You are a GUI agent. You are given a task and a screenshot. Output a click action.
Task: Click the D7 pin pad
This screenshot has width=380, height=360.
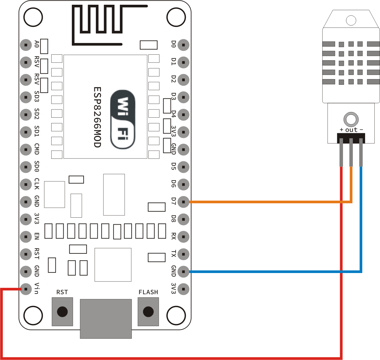coord(184,202)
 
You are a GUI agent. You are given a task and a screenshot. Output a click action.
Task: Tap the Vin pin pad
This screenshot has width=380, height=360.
coord(26,289)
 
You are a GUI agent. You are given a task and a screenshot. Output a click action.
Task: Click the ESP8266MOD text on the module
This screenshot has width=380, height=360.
coord(97,117)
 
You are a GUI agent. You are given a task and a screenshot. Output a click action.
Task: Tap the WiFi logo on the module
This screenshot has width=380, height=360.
coord(123,119)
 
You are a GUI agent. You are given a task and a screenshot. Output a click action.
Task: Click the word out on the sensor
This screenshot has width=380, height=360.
coord(351,130)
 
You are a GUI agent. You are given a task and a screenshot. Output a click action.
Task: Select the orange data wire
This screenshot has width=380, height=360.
coord(269,202)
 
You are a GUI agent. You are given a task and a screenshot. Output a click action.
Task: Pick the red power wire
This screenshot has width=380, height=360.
coord(171,358)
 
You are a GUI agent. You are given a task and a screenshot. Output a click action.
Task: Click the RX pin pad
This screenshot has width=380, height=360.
coord(184,237)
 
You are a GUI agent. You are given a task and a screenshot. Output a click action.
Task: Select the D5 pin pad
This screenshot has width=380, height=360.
coord(184,167)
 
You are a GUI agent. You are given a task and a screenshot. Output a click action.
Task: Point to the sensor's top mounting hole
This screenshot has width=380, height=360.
coord(351,21)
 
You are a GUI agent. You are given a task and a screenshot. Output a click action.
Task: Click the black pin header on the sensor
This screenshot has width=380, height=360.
coord(351,138)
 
